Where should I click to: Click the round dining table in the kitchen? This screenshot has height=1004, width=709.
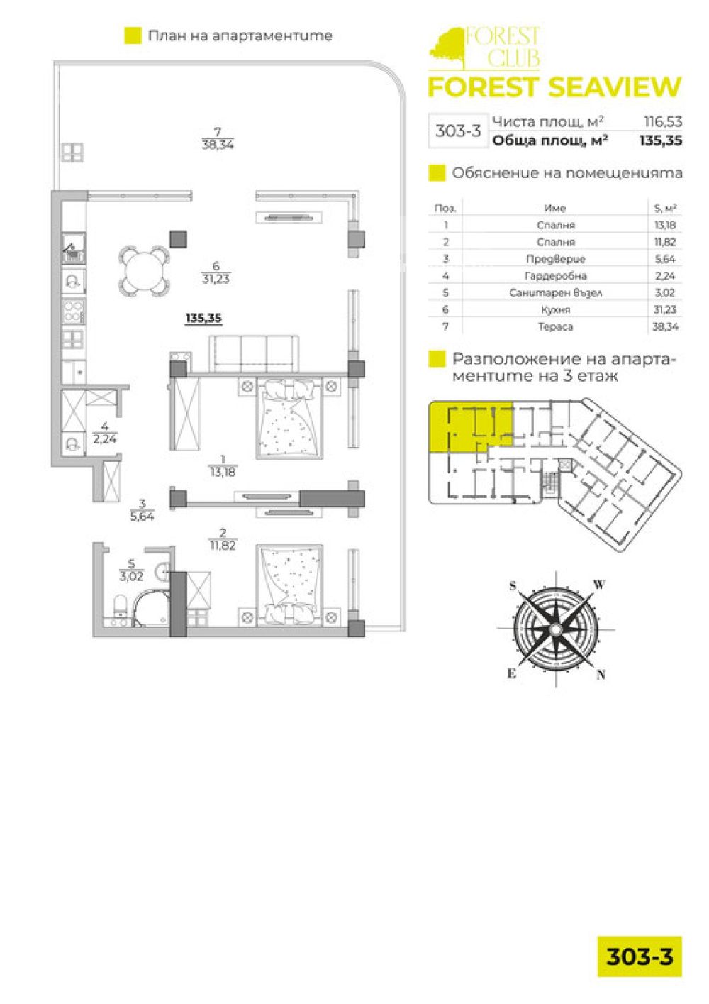(144, 270)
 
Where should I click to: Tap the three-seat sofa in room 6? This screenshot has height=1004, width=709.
(254, 353)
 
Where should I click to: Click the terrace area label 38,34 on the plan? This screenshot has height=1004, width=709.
(218, 145)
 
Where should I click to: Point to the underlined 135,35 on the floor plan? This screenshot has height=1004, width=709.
(203, 319)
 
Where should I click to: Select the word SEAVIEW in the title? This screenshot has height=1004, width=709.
(615, 87)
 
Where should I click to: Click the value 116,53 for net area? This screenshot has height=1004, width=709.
(663, 121)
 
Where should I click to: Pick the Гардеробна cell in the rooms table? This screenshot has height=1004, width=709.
(555, 275)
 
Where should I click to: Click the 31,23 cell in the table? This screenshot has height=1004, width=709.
(664, 309)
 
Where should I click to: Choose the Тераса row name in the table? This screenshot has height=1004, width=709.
(555, 326)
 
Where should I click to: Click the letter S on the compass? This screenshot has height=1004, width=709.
(513, 585)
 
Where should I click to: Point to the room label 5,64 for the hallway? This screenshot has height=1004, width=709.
(143, 516)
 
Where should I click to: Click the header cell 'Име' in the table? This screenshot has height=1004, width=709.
(555, 208)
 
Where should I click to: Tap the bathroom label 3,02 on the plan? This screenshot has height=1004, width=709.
(131, 576)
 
